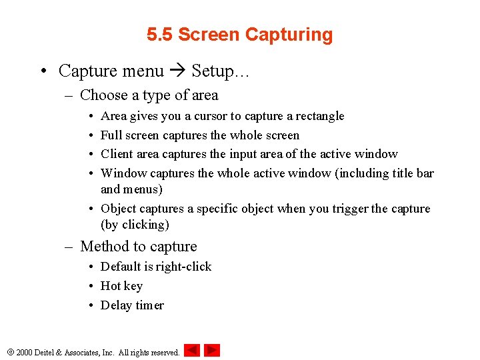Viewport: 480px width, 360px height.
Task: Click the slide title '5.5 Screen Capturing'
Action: click(x=239, y=35)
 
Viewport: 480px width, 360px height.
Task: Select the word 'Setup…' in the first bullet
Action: click(x=221, y=71)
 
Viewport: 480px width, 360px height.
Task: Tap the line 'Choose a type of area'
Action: click(x=149, y=95)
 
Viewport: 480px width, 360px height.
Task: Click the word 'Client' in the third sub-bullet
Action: click(x=116, y=154)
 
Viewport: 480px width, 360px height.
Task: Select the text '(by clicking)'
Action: click(x=135, y=225)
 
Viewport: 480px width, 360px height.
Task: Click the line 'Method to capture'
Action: click(x=139, y=247)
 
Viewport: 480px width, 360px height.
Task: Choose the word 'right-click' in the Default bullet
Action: click(x=184, y=267)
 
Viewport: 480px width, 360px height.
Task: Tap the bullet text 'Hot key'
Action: click(x=121, y=286)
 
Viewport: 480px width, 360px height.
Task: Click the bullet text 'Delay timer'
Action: click(x=132, y=305)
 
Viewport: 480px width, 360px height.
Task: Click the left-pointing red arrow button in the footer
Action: click(x=191, y=350)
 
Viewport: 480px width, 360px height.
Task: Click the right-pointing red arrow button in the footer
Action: click(x=212, y=350)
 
